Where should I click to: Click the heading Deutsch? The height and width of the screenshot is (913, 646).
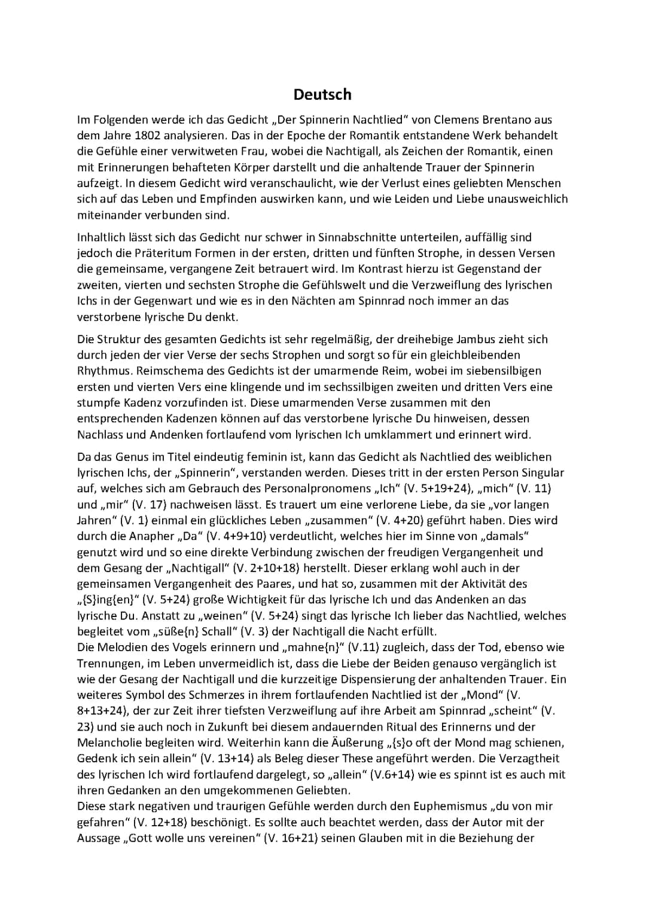[322, 94]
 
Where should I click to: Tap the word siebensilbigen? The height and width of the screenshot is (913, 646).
[505, 371]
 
